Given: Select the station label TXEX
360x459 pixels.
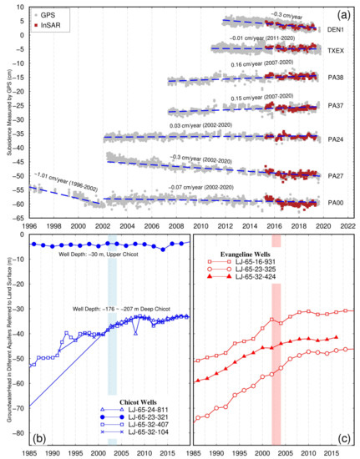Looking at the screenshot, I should (x=337, y=51).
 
